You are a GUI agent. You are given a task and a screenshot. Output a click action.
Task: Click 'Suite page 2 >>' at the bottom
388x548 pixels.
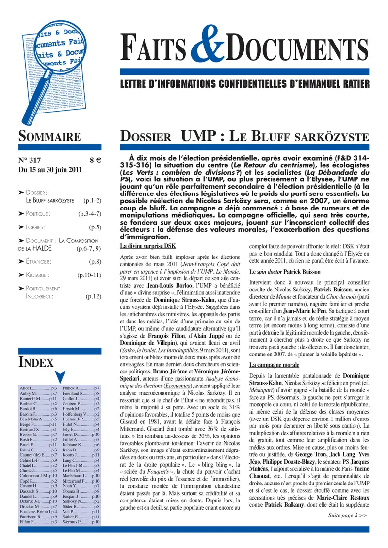(x=347, y=528)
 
